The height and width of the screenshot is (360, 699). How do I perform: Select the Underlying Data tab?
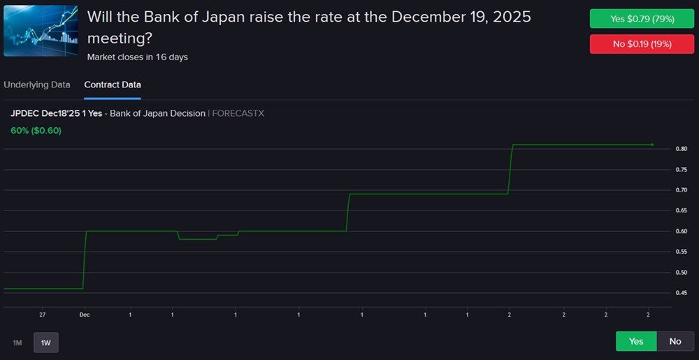click(37, 85)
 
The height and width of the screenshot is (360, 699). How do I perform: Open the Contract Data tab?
click(113, 85)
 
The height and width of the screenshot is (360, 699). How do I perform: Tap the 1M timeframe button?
click(17, 343)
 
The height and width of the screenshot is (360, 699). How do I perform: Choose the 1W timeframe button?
click(46, 343)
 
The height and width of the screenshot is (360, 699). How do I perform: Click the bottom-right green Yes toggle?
click(636, 341)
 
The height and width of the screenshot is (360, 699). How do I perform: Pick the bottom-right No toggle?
click(675, 341)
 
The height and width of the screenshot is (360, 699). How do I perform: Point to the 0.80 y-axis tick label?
click(681, 149)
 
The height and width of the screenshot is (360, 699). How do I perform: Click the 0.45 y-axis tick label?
click(681, 293)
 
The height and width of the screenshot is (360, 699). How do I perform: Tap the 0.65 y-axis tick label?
click(681, 210)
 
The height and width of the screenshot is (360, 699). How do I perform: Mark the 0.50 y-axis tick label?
click(681, 272)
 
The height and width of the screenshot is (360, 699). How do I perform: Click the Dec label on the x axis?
click(85, 315)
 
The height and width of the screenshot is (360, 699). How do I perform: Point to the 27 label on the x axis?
click(43, 315)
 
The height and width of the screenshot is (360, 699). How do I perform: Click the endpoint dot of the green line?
click(652, 145)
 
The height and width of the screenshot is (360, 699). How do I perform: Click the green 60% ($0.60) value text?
click(36, 130)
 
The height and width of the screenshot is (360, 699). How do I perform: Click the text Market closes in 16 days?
click(138, 57)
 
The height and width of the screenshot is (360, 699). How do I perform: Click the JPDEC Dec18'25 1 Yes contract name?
click(57, 113)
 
